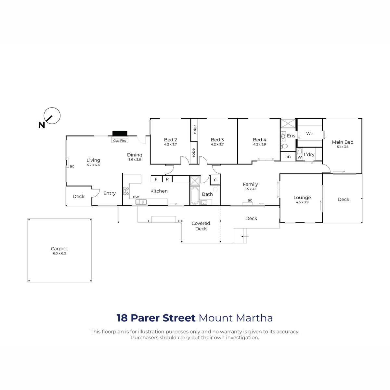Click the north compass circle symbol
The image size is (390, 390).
tap(52, 108)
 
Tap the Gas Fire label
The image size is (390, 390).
tap(120, 141)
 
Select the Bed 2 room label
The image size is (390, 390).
tap(170, 140)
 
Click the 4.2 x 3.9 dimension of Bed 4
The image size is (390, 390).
tap(259, 144)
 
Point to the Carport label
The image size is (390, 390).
tap(59, 249)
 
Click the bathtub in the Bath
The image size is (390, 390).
tap(195, 196)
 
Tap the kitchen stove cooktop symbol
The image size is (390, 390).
tap(126, 191)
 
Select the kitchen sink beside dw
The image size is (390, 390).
tap(141, 202)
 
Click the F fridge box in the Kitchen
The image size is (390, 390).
tap(156, 179)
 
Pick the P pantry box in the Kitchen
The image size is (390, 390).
tap(167, 179)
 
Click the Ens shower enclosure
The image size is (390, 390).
tap(288, 123)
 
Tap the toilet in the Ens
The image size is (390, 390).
tap(284, 146)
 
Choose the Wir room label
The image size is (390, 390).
tap(309, 134)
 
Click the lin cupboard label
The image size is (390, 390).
tap(288, 156)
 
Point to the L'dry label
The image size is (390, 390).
tap(309, 154)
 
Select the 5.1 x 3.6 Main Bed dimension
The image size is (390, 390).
tap(343, 147)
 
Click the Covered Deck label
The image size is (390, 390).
tap(201, 226)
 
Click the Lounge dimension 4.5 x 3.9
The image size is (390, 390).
tap(302, 202)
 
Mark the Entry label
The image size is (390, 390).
tap(110, 193)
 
